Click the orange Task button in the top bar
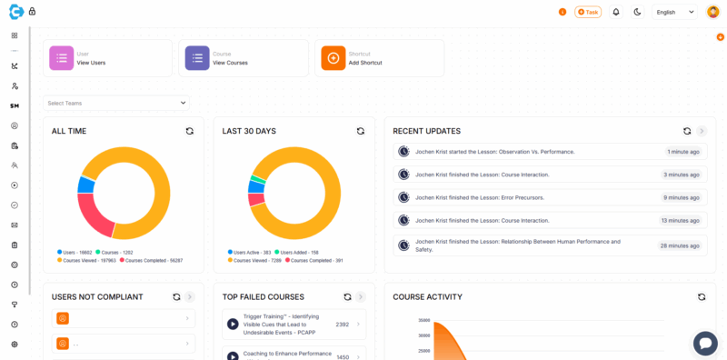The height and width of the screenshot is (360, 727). [x=588, y=12]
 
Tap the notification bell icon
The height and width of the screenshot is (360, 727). [x=616, y=12]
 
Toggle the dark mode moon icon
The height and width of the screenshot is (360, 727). [x=637, y=12]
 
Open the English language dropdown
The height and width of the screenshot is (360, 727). [x=675, y=12]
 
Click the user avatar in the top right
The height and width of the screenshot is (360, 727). [x=712, y=12]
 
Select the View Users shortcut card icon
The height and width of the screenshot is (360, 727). [x=62, y=58]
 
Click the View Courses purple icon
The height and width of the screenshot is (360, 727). [x=197, y=58]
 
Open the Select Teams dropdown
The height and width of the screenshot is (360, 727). [x=116, y=103]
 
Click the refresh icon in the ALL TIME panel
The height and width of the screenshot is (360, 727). [x=189, y=131]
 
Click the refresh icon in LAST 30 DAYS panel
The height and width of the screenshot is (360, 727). [x=360, y=131]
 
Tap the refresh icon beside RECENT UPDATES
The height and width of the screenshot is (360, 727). [x=687, y=131]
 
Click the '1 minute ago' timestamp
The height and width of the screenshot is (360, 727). [x=682, y=151]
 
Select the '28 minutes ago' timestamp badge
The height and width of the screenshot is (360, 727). [x=680, y=245]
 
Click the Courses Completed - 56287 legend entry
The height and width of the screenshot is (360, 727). [x=150, y=261]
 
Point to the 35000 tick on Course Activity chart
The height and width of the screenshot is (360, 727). [x=423, y=320]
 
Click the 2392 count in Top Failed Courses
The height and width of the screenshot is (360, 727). [x=343, y=324]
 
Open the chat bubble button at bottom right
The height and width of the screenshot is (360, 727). [x=705, y=343]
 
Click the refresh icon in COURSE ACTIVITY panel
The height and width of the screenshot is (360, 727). [x=702, y=296]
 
